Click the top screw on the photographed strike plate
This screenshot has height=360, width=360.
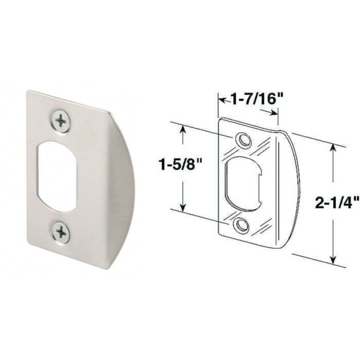point(61,121)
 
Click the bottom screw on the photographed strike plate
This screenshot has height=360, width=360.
point(61,232)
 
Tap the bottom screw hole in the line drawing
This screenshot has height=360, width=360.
point(240,225)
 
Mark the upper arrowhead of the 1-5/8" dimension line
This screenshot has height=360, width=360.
point(182,128)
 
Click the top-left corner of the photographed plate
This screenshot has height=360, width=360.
point(29,92)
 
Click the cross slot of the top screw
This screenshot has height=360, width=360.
point(61,121)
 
